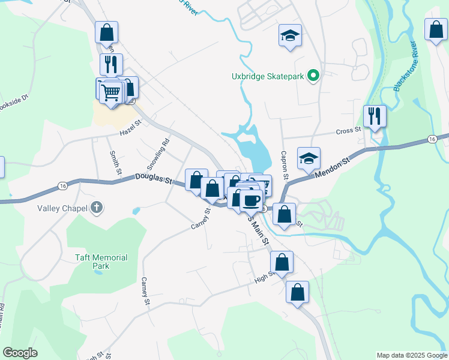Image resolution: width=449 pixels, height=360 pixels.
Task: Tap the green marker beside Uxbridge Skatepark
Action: (313, 76)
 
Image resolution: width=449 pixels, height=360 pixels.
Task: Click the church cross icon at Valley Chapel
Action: (97, 208)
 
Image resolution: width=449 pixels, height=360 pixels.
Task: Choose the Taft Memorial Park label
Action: (101, 261)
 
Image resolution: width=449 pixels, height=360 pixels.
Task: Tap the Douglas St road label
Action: (153, 178)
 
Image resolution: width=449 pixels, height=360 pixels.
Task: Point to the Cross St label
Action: (348, 130)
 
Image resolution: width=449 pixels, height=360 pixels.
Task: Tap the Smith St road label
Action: (114, 163)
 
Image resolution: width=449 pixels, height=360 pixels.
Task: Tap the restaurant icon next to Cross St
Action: (375, 115)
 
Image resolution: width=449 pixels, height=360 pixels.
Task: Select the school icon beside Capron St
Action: (309, 158)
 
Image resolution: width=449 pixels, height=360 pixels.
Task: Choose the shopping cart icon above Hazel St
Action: (111, 93)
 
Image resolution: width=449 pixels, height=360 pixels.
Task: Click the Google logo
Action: (20, 353)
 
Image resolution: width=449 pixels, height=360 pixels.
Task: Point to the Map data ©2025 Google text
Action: (412, 355)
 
